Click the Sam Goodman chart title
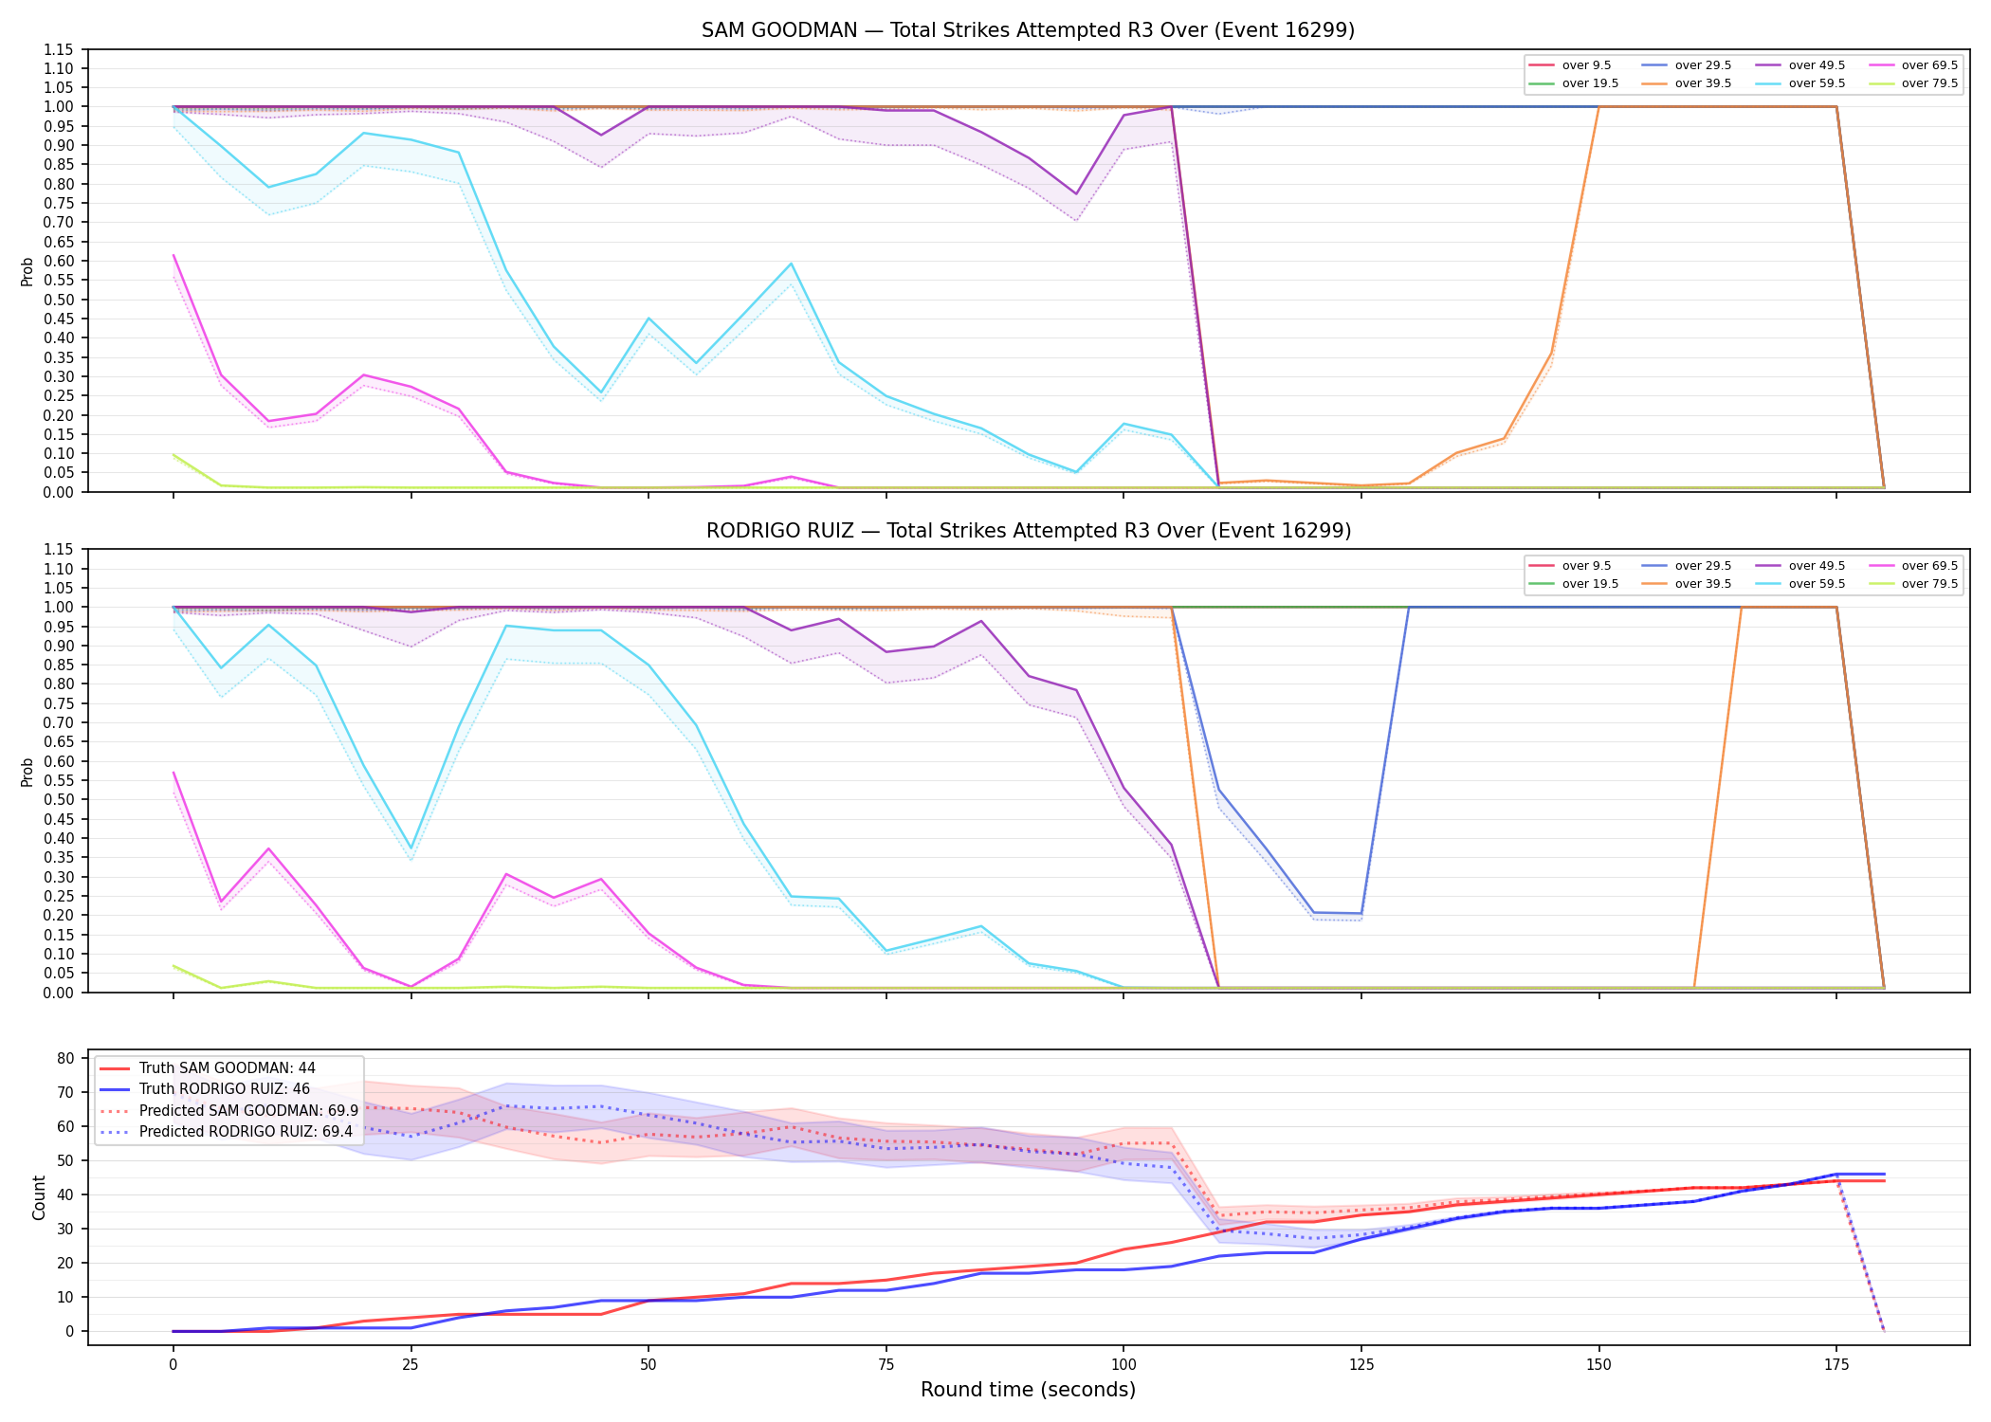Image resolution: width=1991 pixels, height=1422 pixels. pos(1028,30)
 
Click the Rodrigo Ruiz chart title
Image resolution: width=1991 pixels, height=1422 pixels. pos(1028,531)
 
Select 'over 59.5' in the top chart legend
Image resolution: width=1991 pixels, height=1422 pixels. pos(1817,83)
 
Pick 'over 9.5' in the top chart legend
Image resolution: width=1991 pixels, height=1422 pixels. pos(1586,65)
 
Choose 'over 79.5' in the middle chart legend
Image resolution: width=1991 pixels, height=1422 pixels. pos(1929,584)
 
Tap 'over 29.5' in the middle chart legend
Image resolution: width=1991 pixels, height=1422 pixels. pos(1703,566)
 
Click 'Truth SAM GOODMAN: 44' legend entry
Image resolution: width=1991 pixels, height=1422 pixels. pos(227,1068)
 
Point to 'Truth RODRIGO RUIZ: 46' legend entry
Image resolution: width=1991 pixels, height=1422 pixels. pos(225,1089)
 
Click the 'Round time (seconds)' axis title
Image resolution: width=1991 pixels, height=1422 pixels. pos(1028,1390)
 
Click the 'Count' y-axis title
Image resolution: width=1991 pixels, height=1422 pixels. pos(39,1197)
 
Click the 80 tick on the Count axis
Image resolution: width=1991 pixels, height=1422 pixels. pos(66,1058)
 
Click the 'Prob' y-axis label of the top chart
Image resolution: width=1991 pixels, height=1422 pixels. pos(27,271)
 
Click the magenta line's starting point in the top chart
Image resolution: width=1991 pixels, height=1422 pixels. pos(174,255)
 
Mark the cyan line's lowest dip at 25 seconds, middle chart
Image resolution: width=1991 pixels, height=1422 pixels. pos(411,848)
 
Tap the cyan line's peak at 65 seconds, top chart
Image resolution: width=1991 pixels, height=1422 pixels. pos(791,264)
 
